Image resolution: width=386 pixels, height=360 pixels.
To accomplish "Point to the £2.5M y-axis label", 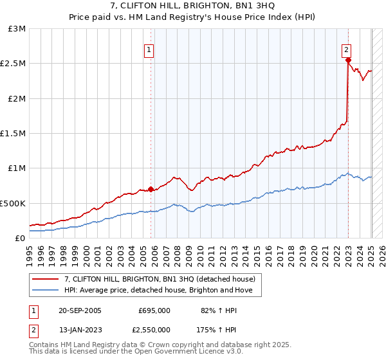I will click(14, 64).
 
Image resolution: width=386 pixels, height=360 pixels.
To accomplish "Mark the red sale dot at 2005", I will click(151, 189).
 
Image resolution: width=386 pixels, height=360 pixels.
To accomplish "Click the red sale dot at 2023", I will click(348, 60).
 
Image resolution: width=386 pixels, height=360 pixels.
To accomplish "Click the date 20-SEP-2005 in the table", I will click(80, 310).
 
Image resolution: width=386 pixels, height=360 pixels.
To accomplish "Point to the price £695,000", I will click(154, 310).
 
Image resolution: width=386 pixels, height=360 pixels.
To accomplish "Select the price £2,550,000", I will click(151, 329).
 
